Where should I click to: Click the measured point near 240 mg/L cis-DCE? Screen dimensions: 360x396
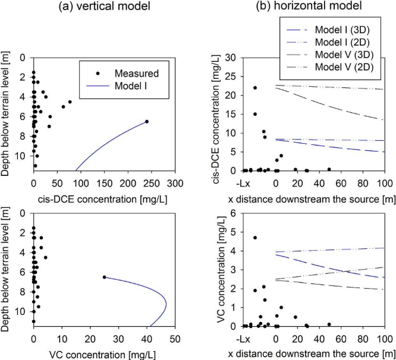click(x=147, y=121)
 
